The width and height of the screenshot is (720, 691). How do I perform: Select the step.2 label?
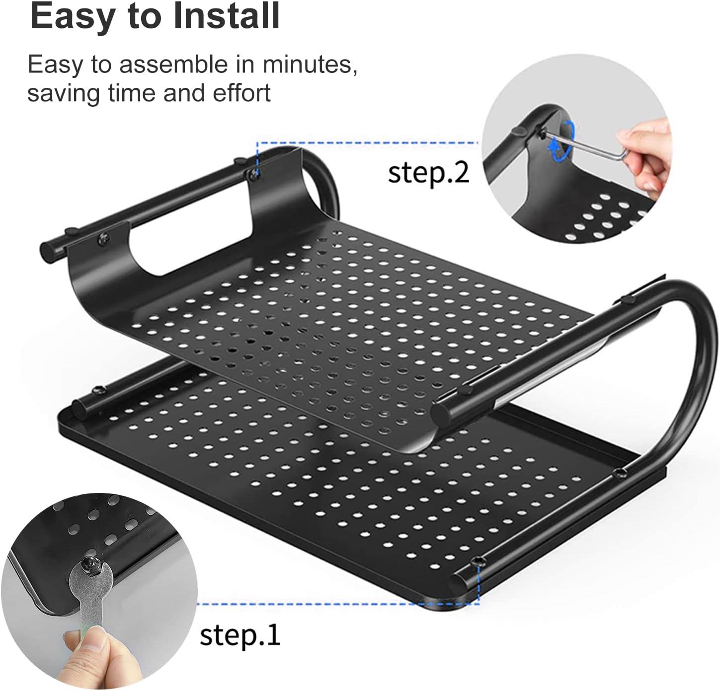(428, 173)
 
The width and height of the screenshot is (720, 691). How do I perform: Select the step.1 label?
(240, 635)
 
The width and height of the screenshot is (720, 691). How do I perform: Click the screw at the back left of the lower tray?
(98, 389)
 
